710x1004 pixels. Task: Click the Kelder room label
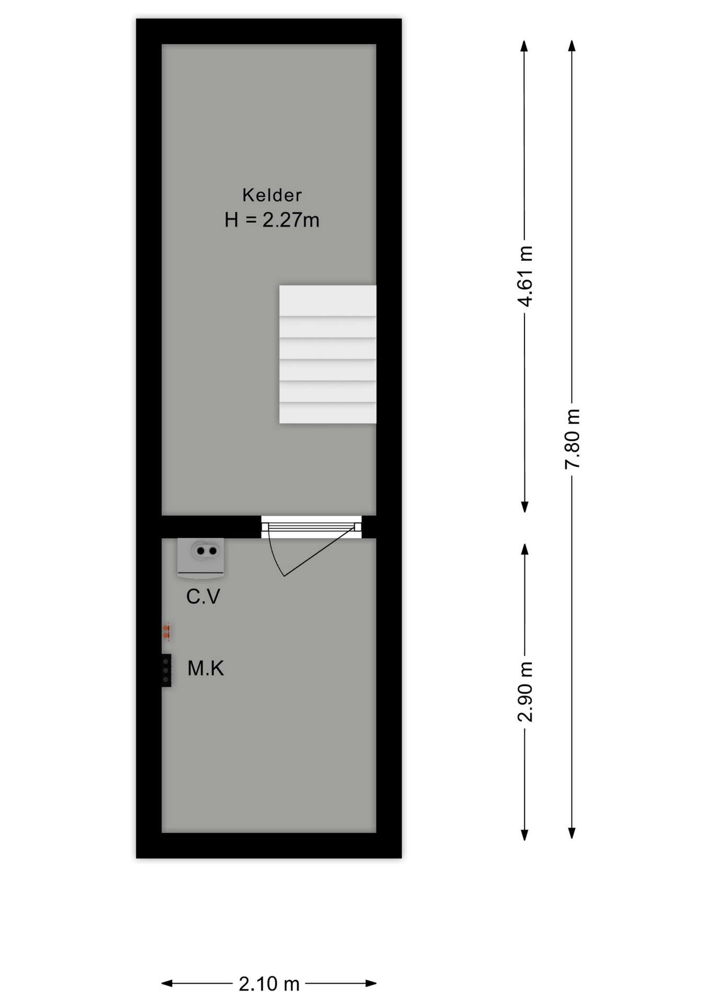pyautogui.click(x=272, y=195)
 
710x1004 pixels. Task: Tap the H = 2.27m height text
pyautogui.click(x=272, y=220)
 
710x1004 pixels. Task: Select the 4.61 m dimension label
pyautogui.click(x=525, y=276)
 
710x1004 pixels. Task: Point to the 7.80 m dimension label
pyautogui.click(x=572, y=439)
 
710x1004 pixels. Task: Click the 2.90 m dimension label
pyautogui.click(x=525, y=691)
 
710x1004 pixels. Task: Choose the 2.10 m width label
pyautogui.click(x=269, y=984)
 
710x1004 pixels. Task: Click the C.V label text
pyautogui.click(x=203, y=597)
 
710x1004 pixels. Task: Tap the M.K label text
pyautogui.click(x=205, y=668)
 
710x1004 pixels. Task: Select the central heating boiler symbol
pyautogui.click(x=201, y=558)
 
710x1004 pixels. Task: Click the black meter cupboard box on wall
pyautogui.click(x=166, y=670)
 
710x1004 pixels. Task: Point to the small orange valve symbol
pyautogui.click(x=166, y=631)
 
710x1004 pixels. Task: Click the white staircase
pyautogui.click(x=328, y=354)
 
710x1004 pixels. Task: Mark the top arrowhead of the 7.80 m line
pyautogui.click(x=572, y=45)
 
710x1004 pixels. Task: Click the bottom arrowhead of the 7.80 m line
pyautogui.click(x=572, y=834)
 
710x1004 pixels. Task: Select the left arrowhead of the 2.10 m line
pyautogui.click(x=167, y=984)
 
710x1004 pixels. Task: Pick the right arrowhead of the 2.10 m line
pyautogui.click(x=371, y=984)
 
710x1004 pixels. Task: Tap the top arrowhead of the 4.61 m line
pyautogui.click(x=524, y=45)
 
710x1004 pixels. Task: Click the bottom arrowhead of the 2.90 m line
pyautogui.click(x=524, y=835)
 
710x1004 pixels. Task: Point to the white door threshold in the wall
pyautogui.click(x=312, y=527)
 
